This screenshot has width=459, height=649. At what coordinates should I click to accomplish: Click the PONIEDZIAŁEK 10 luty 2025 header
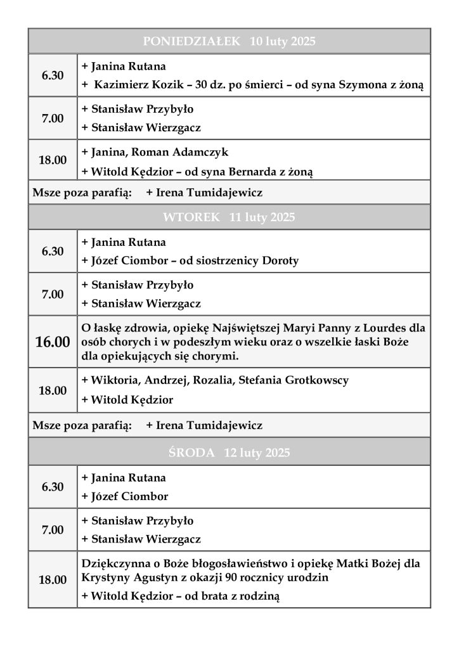click(229, 42)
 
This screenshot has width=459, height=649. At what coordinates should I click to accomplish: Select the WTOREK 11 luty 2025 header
click(229, 217)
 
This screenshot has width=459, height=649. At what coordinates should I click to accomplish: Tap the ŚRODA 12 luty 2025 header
click(229, 453)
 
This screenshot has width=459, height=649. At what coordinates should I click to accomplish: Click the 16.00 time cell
click(53, 342)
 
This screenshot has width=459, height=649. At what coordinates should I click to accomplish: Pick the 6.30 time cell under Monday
click(53, 75)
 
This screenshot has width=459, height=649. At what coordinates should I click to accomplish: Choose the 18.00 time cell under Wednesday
click(53, 579)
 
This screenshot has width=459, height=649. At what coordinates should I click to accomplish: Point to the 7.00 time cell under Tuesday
click(53, 294)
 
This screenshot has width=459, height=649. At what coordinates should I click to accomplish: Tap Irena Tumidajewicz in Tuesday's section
click(204, 425)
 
